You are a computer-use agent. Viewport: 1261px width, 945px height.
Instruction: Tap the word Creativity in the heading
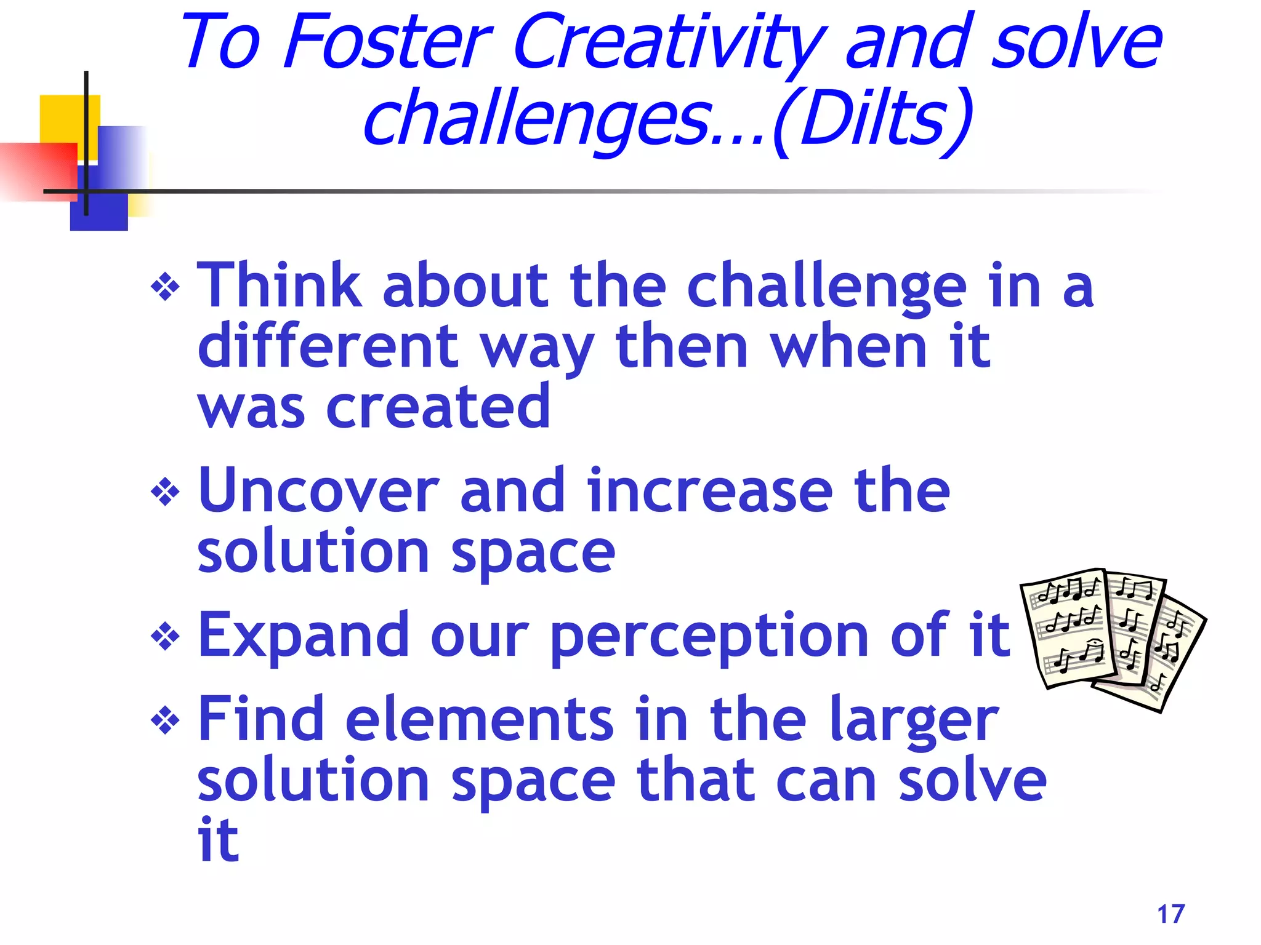(669, 43)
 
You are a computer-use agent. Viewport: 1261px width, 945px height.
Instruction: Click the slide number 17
(1170, 914)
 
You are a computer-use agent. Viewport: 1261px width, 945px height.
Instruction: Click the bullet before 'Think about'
(165, 288)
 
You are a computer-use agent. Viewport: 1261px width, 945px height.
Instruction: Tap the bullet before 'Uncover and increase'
(165, 493)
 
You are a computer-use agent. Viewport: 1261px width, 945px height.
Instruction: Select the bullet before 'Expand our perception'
(165, 637)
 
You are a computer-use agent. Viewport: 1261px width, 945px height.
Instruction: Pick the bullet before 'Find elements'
(165, 720)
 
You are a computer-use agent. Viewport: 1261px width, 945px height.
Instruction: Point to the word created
(438, 407)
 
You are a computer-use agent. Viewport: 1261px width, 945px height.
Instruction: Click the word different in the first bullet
(328, 346)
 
